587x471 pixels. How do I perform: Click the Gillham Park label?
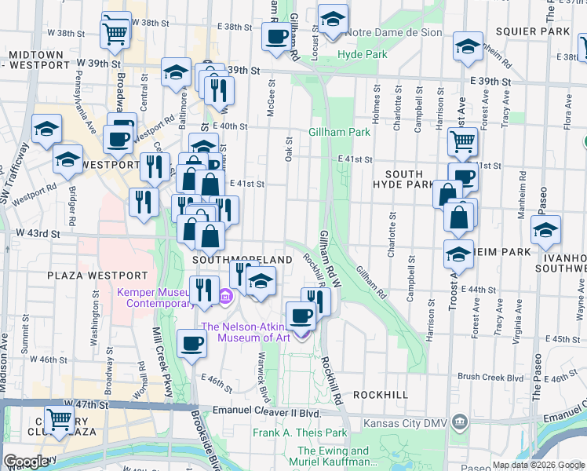(339, 133)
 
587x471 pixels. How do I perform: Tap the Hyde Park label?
(363, 54)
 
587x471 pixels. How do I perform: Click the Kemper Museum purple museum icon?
(226, 297)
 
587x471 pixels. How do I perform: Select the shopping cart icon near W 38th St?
(115, 33)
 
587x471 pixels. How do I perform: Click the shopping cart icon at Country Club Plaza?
(59, 420)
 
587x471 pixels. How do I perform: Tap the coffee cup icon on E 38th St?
(276, 35)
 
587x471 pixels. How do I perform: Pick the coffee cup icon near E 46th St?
(192, 343)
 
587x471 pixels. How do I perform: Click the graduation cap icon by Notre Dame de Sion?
(333, 18)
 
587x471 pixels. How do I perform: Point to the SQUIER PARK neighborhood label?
(538, 31)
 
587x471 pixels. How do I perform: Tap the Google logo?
(27, 462)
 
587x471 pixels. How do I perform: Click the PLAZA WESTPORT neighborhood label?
(97, 276)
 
